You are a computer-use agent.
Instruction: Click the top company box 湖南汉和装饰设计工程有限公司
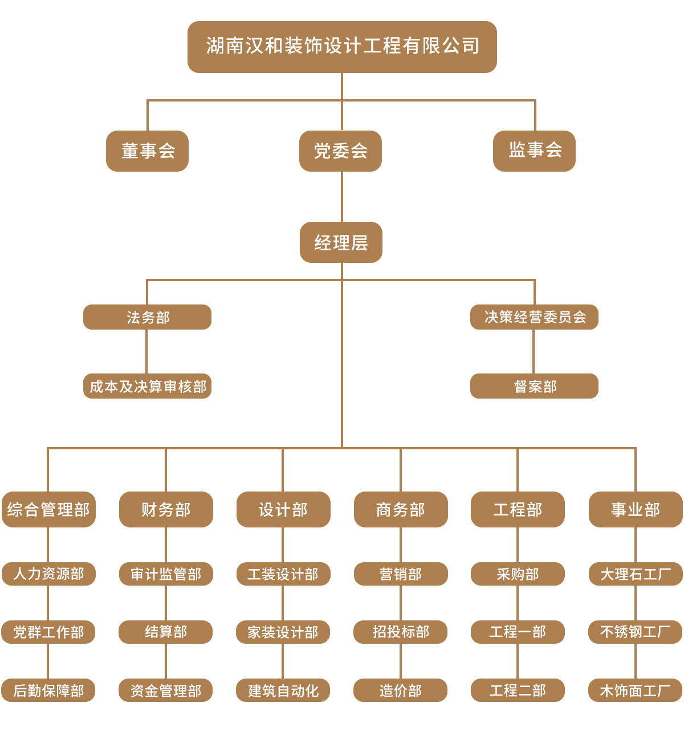pyautogui.click(x=342, y=47)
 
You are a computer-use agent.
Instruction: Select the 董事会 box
pyautogui.click(x=147, y=151)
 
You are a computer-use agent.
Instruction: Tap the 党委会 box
pyautogui.click(x=340, y=151)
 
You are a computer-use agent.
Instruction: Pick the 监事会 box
pyautogui.click(x=534, y=151)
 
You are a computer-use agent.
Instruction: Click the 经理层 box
pyautogui.click(x=341, y=242)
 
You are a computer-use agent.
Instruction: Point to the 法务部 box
pyautogui.click(x=147, y=317)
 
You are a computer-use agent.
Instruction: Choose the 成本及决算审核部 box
pyautogui.click(x=147, y=386)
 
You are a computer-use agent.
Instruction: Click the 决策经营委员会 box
pyautogui.click(x=534, y=317)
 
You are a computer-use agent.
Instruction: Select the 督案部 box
pyautogui.click(x=534, y=386)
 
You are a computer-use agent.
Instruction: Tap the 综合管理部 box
pyautogui.click(x=48, y=509)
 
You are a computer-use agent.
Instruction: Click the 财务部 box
pyautogui.click(x=166, y=509)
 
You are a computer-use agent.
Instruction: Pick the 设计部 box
pyautogui.click(x=283, y=509)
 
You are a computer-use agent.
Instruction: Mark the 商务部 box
pyautogui.click(x=401, y=509)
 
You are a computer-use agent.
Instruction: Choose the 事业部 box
pyautogui.click(x=636, y=509)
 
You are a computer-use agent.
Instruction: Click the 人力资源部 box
pyautogui.click(x=48, y=574)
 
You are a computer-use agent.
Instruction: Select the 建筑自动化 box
pyautogui.click(x=283, y=691)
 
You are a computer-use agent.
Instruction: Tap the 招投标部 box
pyautogui.click(x=401, y=632)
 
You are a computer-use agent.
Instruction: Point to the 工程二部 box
pyautogui.click(x=518, y=691)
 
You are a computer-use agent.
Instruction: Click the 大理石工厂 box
pyautogui.click(x=636, y=574)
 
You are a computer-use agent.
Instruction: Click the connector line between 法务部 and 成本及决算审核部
pyautogui.click(x=146, y=351)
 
